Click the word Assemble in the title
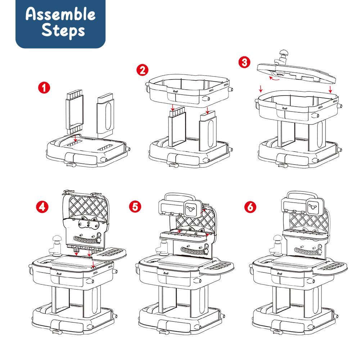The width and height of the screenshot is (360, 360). (60, 14)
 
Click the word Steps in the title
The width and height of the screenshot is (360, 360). (63, 31)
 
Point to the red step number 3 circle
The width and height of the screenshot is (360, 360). (244, 62)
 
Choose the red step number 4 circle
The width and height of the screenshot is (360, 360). (42, 207)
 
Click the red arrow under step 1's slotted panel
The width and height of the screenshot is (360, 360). (75, 138)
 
